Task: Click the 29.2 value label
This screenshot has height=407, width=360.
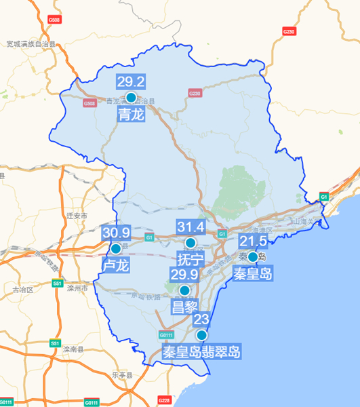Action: point(132,82)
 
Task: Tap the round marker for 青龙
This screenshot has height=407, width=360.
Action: point(132,98)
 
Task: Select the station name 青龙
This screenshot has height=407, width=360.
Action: point(132,115)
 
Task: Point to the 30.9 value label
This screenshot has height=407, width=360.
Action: point(116,233)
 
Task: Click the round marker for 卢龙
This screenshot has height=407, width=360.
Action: point(116,249)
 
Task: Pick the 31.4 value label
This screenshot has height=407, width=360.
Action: point(191,227)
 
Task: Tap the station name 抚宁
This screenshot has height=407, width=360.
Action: point(190,260)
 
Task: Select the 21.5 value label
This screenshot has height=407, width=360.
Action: point(253,241)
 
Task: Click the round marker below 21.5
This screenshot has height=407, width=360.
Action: point(253,257)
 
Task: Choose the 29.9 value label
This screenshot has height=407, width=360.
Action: point(184,275)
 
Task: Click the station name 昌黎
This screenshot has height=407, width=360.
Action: point(184,307)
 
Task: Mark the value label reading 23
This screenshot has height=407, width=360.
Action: point(201,319)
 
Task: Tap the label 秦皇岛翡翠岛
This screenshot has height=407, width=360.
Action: point(201,352)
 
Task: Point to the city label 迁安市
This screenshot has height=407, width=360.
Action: point(78,216)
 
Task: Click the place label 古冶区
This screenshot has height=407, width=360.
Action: point(22,290)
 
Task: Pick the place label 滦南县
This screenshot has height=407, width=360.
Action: point(71,349)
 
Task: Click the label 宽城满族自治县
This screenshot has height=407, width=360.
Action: point(31,44)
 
